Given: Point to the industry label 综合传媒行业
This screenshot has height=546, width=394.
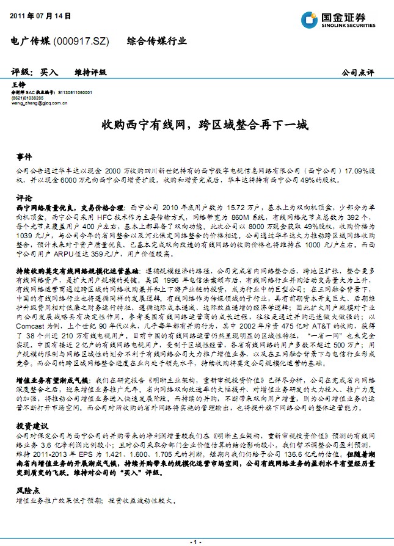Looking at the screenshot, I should pos(156,42).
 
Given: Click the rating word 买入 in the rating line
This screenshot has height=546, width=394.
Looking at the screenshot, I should pos(49,72).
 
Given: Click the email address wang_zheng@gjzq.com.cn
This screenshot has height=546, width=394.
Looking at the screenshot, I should pos(40,104).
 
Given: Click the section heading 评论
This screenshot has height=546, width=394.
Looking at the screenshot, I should pos(23,198).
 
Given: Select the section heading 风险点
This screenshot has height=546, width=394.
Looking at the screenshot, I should pos(27,491).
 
